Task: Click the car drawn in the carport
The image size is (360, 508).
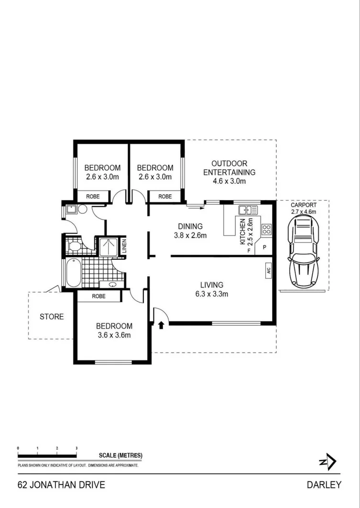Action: (303, 251)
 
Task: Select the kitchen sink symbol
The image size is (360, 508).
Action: (248, 210)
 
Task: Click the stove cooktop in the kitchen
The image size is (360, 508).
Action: (266, 230)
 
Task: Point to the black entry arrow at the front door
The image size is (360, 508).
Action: (161, 325)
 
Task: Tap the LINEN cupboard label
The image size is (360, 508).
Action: (123, 246)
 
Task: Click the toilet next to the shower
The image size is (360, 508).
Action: (74, 246)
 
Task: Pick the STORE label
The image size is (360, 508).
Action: (51, 317)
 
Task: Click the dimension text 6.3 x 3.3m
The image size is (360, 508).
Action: (211, 294)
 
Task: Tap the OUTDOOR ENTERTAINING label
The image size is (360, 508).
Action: (229, 167)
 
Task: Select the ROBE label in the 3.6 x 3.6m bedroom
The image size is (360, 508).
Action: (98, 296)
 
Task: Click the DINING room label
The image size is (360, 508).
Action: (190, 226)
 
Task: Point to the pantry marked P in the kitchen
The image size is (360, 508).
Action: (264, 249)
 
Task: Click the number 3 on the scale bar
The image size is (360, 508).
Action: (76, 448)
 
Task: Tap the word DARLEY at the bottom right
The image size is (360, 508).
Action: (324, 485)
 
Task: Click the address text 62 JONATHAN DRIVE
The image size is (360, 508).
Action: (61, 485)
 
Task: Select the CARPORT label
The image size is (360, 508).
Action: (303, 205)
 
